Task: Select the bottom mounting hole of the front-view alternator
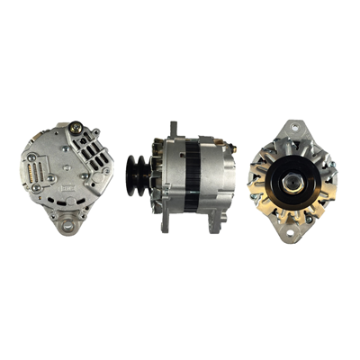[x=291, y=236]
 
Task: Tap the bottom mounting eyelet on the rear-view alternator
[x=68, y=226]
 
